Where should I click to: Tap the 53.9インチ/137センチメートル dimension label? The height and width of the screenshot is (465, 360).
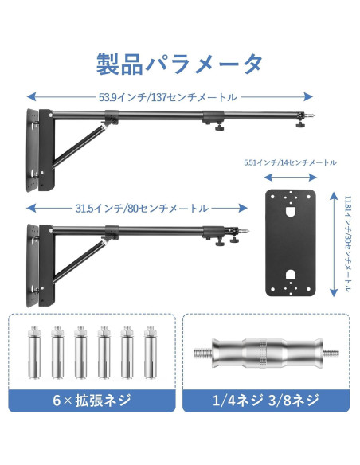167,96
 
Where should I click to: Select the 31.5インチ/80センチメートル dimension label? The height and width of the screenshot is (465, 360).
142,209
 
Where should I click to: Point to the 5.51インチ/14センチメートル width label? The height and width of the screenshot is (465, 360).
289,162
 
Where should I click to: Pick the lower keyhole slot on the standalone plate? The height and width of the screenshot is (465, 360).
291,275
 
